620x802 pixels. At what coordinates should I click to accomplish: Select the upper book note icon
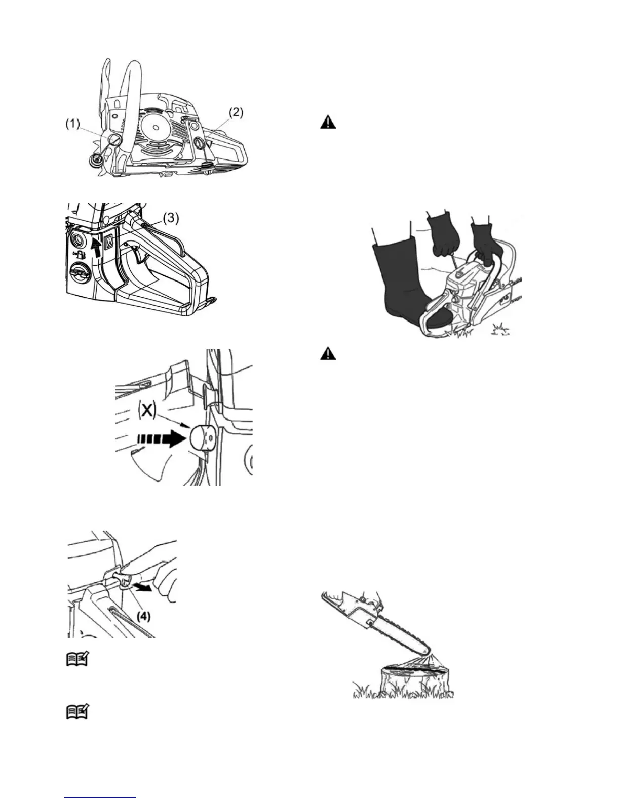77,659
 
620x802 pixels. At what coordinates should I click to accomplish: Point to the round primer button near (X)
203,436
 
